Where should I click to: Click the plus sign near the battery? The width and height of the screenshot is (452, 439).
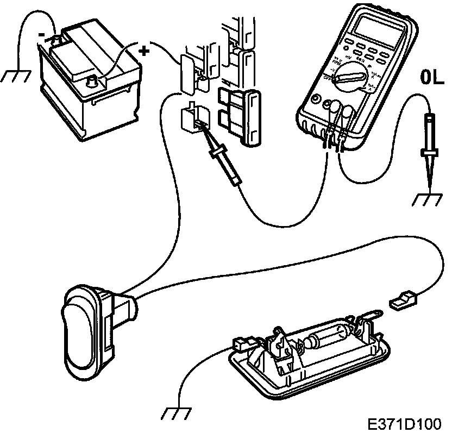click(144, 51)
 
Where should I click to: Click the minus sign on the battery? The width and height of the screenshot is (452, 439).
click(41, 34)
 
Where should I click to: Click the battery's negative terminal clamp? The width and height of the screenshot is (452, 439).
click(55, 41)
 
